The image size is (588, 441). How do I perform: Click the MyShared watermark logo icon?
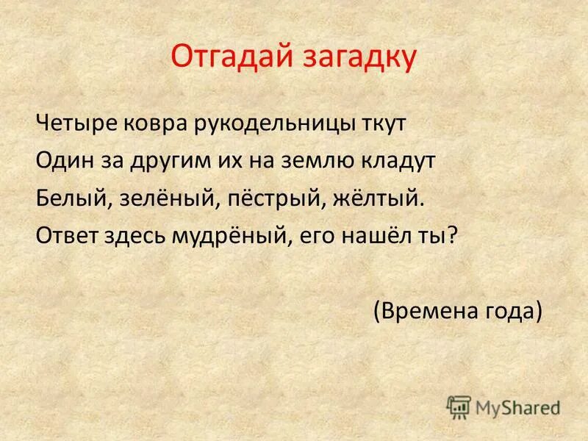point(459,406)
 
